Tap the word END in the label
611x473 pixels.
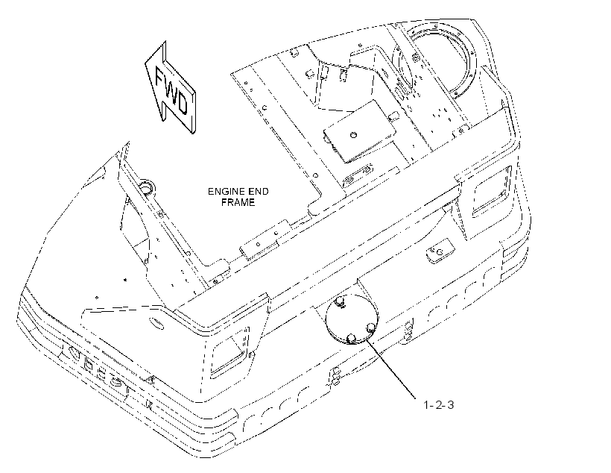point(259,192)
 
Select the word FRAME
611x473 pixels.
point(238,202)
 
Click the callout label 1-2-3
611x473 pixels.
point(439,404)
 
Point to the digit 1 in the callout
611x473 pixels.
point(426,404)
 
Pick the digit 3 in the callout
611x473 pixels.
point(450,404)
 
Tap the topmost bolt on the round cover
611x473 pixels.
point(340,301)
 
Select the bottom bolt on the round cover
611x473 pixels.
point(351,338)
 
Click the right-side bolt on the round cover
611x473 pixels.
point(371,327)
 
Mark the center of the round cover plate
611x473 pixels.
point(352,319)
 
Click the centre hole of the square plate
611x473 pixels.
point(353,135)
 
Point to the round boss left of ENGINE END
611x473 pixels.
point(147,187)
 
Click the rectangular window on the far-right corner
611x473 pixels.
point(492,192)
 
